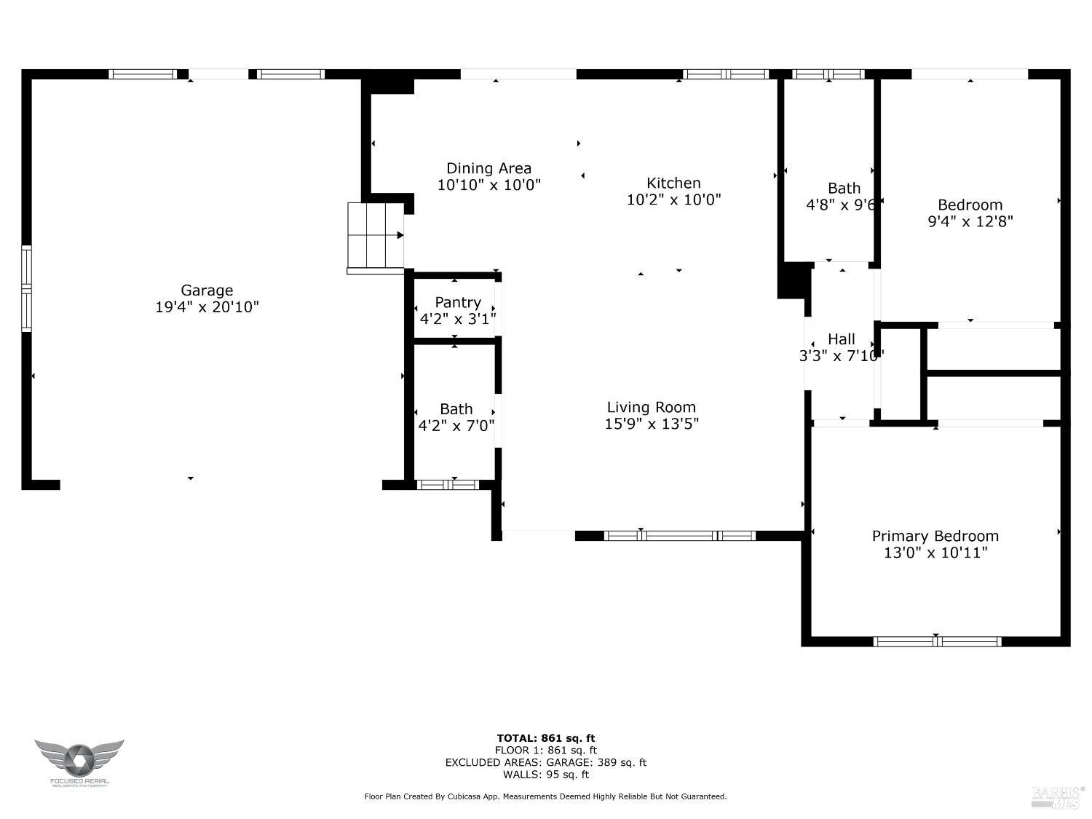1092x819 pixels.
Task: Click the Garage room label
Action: point(207,290)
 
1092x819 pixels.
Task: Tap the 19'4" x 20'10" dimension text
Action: point(207,307)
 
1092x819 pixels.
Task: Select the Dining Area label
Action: point(488,169)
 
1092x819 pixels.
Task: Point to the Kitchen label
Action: point(673,183)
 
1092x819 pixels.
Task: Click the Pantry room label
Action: point(458,302)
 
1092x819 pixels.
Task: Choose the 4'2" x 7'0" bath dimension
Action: point(456,426)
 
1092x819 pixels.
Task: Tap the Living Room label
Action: point(651,408)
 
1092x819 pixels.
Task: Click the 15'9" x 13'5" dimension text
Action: point(651,424)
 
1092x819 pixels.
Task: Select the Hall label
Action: point(841,339)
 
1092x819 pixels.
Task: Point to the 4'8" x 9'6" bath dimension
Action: point(841,205)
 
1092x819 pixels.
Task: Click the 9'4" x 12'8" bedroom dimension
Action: point(970,221)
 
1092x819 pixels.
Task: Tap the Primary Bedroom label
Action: point(935,537)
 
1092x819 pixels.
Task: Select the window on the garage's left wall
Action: point(27,288)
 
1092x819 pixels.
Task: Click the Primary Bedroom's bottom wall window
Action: point(937,641)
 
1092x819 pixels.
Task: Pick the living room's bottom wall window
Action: point(679,536)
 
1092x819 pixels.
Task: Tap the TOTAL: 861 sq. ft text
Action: point(545,738)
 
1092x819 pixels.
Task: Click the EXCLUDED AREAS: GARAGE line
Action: point(545,763)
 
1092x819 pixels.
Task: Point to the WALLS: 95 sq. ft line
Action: point(545,775)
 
